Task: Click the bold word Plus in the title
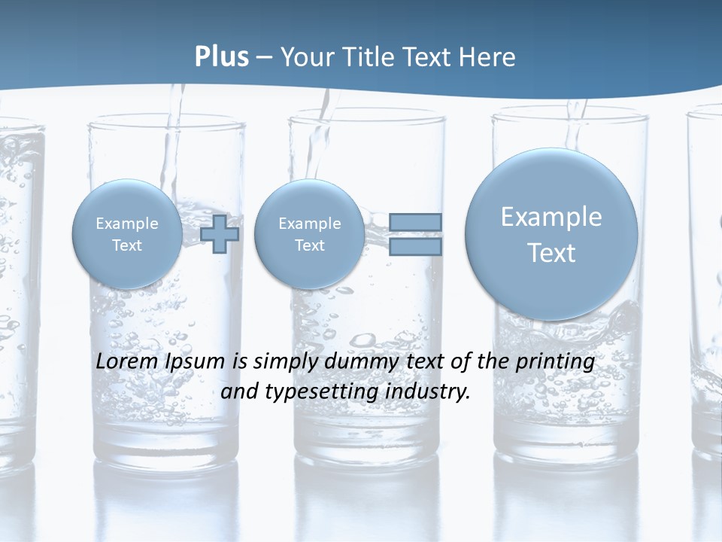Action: (221, 56)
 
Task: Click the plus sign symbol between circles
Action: (220, 234)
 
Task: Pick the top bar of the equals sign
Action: (414, 222)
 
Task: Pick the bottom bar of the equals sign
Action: (414, 247)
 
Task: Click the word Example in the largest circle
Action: (551, 217)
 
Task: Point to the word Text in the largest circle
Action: (551, 253)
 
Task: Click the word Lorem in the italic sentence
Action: (126, 362)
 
